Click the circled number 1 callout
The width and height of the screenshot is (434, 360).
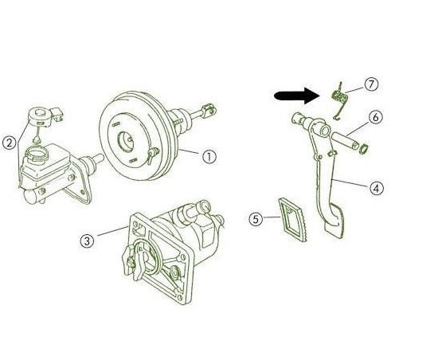click(x=209, y=157)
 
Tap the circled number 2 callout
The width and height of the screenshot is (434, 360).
click(x=10, y=143)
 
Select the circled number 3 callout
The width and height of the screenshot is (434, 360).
click(x=88, y=239)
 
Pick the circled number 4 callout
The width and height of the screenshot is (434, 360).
click(x=377, y=188)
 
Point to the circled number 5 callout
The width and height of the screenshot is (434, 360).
click(x=255, y=217)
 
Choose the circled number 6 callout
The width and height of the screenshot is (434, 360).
click(x=376, y=116)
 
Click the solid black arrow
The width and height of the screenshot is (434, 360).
click(x=295, y=96)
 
